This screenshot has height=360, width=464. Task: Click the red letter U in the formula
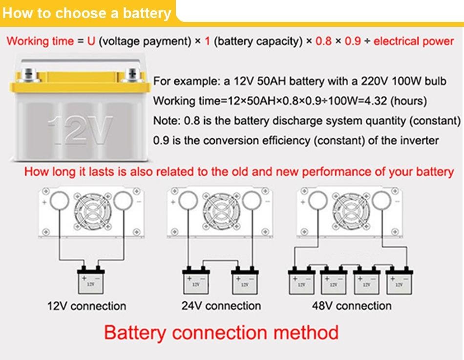(x=91, y=41)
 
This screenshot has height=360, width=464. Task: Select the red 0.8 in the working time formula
(x=323, y=41)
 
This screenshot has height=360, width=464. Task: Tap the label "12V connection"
(x=86, y=306)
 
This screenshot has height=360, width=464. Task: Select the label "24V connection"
(x=221, y=306)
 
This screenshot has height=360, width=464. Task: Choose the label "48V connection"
(x=352, y=306)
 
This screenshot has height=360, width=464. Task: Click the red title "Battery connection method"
(x=221, y=333)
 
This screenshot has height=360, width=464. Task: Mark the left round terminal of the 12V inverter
(x=59, y=200)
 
